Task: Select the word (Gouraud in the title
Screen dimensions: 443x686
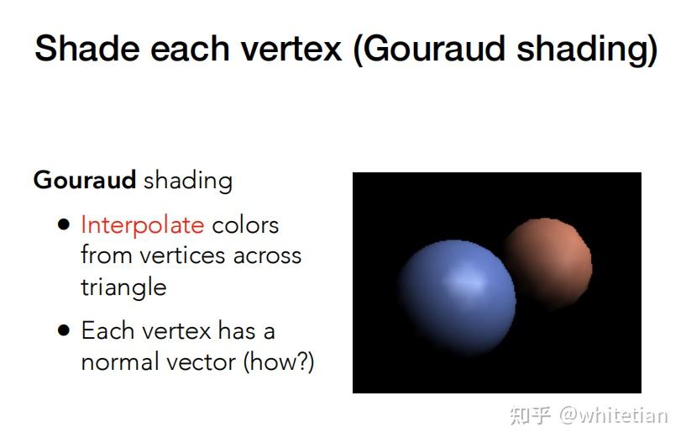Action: coord(431,49)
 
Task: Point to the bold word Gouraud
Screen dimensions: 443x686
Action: coord(85,180)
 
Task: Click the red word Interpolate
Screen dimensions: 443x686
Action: coord(142,225)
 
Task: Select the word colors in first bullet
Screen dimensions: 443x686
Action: coord(245,225)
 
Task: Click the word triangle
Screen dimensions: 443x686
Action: coord(123,287)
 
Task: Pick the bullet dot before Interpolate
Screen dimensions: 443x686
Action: coord(63,225)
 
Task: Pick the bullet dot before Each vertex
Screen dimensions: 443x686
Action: coord(63,330)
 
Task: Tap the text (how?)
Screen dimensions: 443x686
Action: coord(280,362)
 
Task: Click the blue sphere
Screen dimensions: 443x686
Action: coord(455,294)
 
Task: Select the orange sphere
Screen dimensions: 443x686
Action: coord(547,252)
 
